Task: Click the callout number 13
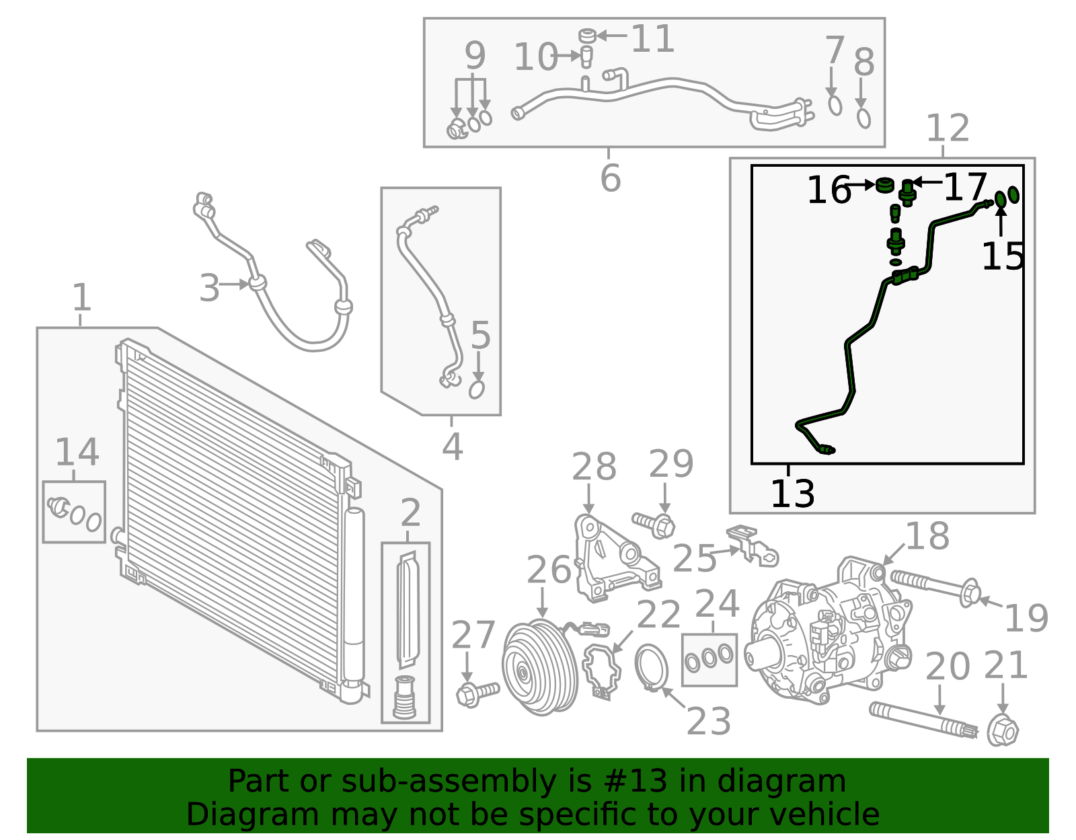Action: coord(792,494)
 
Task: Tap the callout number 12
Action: coord(948,128)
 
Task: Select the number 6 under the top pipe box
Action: coord(610,178)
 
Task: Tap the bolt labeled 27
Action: coord(476,693)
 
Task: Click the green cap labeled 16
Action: coord(885,184)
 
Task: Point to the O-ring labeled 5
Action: coord(477,389)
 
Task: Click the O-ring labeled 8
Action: coord(863,118)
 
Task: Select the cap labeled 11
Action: coord(587,34)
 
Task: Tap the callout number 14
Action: coord(77,453)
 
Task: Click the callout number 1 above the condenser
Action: coord(81,297)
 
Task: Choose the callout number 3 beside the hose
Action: coord(209,289)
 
